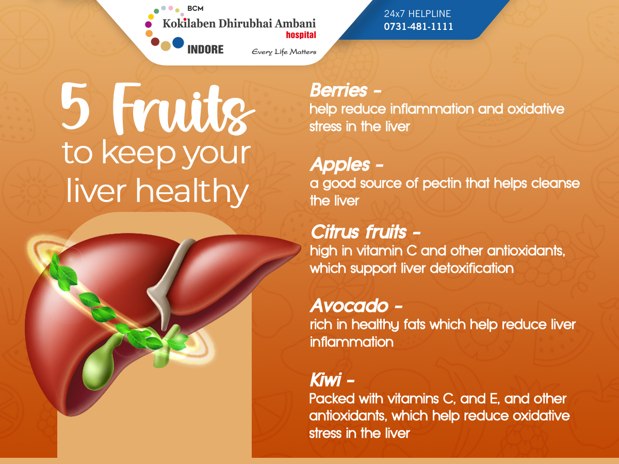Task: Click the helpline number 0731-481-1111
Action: (x=418, y=26)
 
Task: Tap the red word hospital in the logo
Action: (x=301, y=35)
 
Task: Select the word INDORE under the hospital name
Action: (x=205, y=49)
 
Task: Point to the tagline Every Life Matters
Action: (x=284, y=52)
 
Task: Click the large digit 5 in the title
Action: (x=75, y=106)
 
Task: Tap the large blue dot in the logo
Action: (x=178, y=43)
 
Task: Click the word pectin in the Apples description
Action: (x=442, y=184)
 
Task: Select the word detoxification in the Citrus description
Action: (x=471, y=268)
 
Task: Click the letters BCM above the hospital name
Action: (x=196, y=9)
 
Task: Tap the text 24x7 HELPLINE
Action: (x=417, y=14)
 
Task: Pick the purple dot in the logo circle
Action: (x=149, y=25)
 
